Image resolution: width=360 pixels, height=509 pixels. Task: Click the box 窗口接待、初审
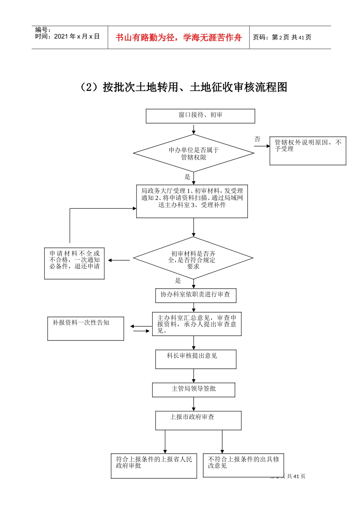200,116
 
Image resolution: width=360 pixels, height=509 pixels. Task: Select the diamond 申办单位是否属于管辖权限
193,153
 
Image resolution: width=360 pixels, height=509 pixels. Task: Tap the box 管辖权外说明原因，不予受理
308,151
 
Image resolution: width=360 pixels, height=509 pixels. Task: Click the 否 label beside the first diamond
257,139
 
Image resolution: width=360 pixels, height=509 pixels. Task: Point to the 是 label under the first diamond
187,177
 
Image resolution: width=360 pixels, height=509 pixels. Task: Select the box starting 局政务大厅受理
192,201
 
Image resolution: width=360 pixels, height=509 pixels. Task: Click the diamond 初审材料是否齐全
193,258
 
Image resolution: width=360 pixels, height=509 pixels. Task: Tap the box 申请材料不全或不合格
74,264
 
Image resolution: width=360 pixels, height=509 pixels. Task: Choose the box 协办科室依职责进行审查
196,295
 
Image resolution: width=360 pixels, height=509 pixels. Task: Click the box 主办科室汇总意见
197,324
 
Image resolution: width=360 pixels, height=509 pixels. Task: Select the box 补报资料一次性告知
86,328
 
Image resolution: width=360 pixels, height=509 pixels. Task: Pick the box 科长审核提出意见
196,359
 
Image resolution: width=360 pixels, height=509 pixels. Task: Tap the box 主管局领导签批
194,390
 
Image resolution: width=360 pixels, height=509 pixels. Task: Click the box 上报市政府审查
198,420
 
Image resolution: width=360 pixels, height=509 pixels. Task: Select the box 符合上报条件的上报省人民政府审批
154,466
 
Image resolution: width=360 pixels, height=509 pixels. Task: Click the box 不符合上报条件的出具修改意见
243,465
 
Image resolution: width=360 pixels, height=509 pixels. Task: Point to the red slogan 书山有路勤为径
178,37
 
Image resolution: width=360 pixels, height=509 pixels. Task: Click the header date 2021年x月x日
77,37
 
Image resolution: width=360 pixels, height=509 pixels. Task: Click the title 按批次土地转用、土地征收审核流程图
183,87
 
